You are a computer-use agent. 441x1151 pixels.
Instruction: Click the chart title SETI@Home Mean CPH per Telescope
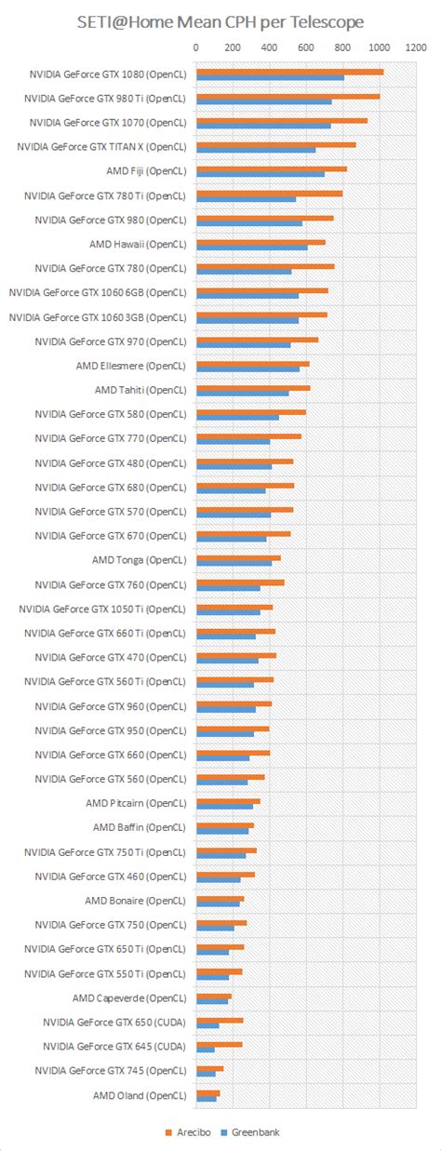220,20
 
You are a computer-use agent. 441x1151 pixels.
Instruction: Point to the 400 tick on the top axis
268,47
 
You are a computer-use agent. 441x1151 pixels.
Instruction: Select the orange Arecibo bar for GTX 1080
289,72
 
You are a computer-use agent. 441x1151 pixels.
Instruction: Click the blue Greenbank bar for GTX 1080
270,78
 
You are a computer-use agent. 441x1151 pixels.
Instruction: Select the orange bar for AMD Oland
207,1092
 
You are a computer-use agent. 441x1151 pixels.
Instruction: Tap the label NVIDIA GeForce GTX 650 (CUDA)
114,1022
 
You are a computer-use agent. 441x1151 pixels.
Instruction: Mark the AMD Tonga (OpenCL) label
139,560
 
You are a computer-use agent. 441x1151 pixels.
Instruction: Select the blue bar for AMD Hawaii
251,248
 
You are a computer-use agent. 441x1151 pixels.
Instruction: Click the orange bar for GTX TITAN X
275,144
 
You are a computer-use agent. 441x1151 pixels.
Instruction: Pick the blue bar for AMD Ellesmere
247,369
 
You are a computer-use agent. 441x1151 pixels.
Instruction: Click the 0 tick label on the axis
195,47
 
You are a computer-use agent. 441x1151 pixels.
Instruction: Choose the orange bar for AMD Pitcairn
228,800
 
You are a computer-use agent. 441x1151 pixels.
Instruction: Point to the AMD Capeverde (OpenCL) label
129,997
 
